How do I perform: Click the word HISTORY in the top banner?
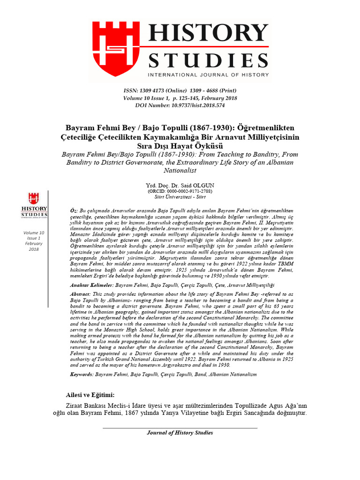[208, 36]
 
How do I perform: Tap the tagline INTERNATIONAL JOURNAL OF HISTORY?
[208, 75]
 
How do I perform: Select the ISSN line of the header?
[180, 90]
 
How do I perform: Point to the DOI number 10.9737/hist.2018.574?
[197, 105]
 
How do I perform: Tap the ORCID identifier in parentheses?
[180, 192]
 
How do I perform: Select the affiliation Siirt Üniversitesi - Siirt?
[180, 197]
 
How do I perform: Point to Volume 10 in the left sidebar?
[34, 233]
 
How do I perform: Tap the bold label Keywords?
[81, 375]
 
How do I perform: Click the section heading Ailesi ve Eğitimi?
[90, 395]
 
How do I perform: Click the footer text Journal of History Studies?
[180, 433]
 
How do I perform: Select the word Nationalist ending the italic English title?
[180, 171]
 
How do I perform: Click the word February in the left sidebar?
[34, 244]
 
